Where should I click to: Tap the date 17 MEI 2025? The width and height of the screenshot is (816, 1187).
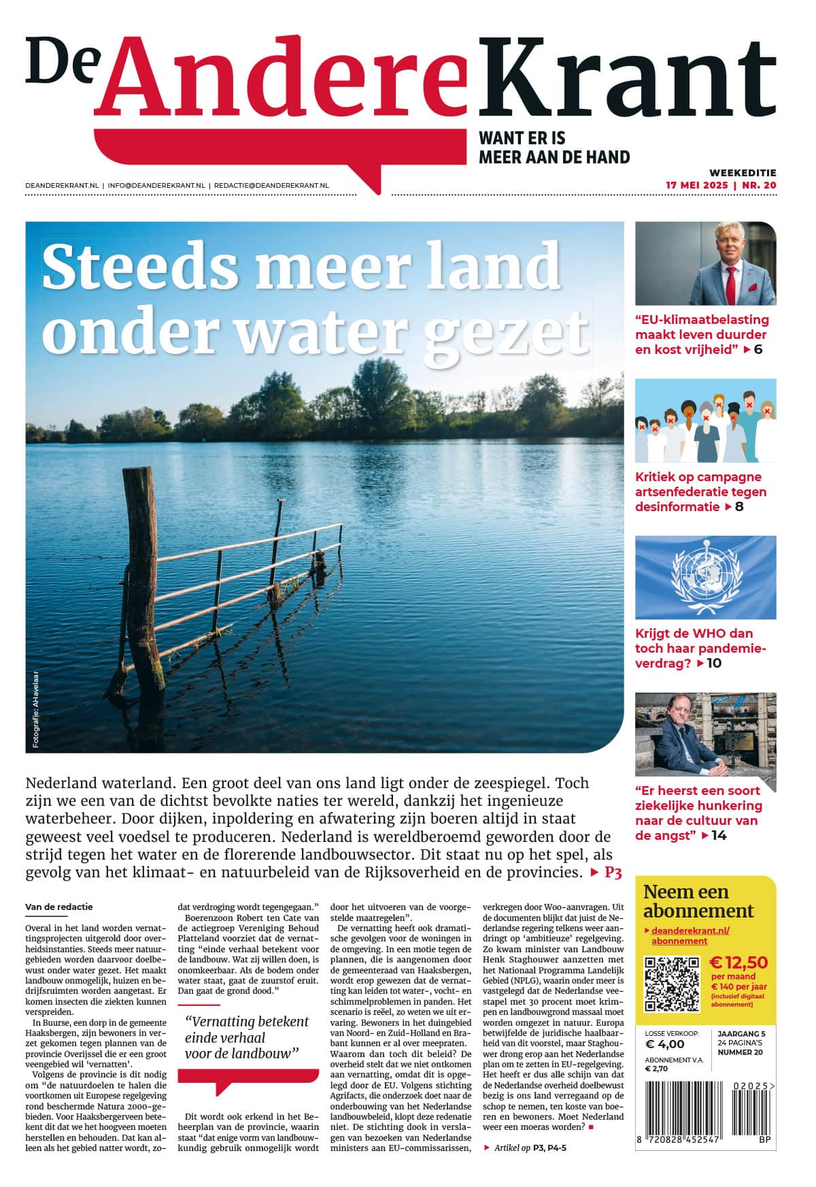click(x=696, y=185)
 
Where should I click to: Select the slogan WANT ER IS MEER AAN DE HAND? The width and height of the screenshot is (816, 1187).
click(x=554, y=148)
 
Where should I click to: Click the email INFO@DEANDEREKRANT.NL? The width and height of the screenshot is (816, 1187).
click(x=156, y=185)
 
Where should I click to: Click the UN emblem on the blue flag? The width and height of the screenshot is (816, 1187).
click(x=705, y=576)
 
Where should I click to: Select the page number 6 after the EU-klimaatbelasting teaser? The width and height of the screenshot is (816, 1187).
click(x=758, y=350)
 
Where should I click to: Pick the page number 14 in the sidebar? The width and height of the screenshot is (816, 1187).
click(x=719, y=835)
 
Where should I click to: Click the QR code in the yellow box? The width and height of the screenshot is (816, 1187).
click(x=671, y=983)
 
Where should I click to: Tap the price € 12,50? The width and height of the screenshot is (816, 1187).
click(x=738, y=962)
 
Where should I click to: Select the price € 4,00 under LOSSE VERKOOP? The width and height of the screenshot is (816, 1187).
click(x=664, y=1045)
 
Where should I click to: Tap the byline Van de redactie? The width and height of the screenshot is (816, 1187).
click(x=59, y=907)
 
